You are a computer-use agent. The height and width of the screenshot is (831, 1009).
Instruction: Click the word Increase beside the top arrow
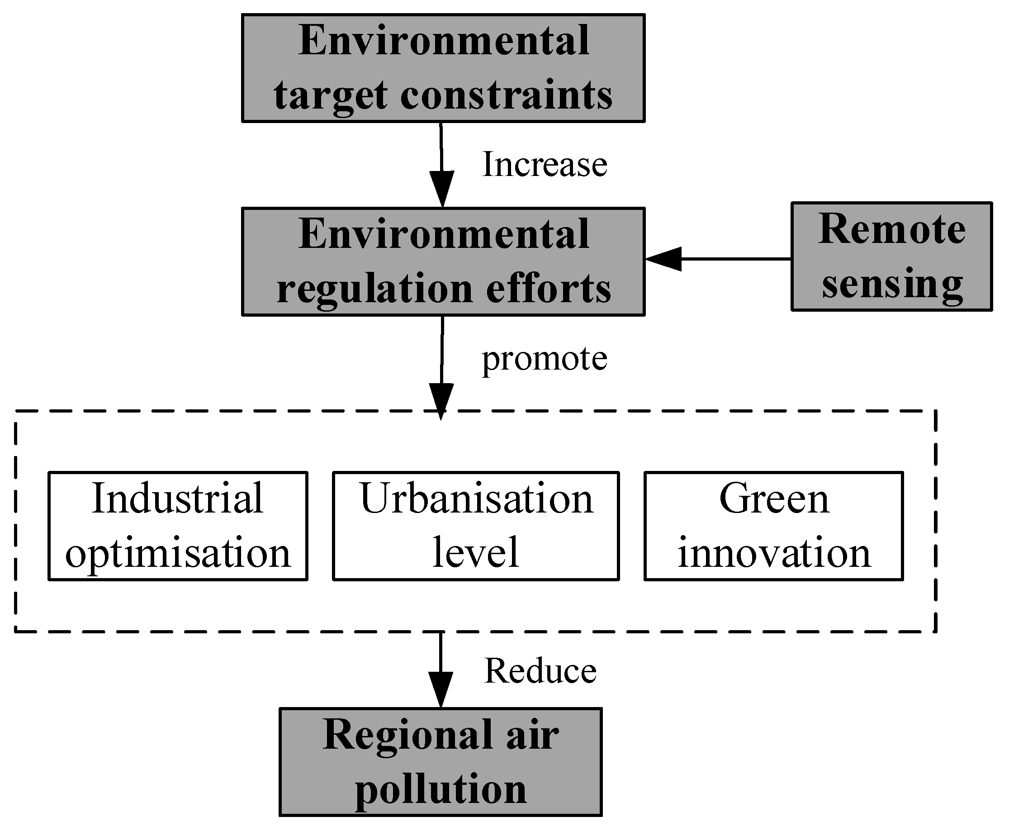pyautogui.click(x=544, y=164)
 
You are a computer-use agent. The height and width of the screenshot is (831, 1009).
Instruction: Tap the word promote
pyautogui.click(x=544, y=359)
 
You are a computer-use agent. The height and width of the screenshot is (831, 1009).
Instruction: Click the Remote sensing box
pyautogui.click(x=891, y=256)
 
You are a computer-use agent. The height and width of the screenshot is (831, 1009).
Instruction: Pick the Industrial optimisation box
pyautogui.click(x=178, y=526)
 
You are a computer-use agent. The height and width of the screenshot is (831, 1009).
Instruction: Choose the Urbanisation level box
pyautogui.click(x=476, y=526)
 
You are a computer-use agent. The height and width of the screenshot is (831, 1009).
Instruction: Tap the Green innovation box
pyautogui.click(x=773, y=526)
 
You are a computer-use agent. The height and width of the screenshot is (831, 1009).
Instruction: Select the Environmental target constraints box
pyautogui.click(x=443, y=68)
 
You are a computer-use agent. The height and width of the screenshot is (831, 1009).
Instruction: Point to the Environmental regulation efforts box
pyautogui.click(x=443, y=262)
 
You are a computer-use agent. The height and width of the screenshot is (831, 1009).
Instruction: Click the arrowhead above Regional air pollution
pyautogui.click(x=441, y=689)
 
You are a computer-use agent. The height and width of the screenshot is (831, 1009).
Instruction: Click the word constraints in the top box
pyautogui.click(x=506, y=95)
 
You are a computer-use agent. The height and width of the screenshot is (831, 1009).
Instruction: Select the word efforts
pyautogui.click(x=549, y=289)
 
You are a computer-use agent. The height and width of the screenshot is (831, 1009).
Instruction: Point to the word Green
pyautogui.click(x=773, y=499)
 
